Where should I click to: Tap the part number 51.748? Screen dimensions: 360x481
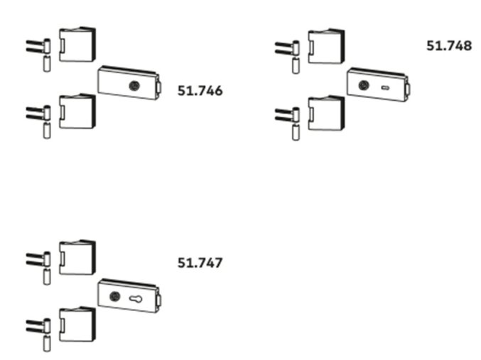(x=448, y=45)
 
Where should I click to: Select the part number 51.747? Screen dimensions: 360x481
(x=200, y=263)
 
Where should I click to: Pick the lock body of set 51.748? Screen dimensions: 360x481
(x=378, y=84)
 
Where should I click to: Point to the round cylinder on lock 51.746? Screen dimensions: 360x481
(x=133, y=85)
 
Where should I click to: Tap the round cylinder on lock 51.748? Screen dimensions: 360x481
(x=363, y=84)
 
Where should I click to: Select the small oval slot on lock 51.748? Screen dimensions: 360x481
(x=385, y=88)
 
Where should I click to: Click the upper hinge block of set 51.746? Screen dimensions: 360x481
(x=77, y=45)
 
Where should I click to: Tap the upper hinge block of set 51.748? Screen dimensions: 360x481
(x=326, y=46)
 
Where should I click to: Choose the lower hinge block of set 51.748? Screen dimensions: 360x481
(x=326, y=113)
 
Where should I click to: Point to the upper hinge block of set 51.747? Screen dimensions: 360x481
(x=77, y=257)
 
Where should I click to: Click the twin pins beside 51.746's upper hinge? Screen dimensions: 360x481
(x=36, y=46)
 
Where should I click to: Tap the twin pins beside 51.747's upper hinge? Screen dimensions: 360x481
(x=36, y=258)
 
